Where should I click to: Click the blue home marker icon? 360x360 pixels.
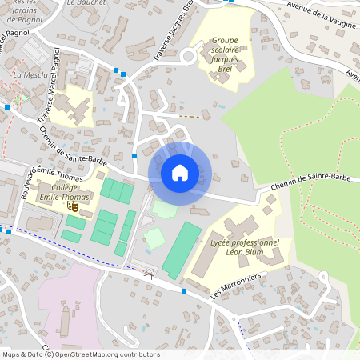pos(180,172)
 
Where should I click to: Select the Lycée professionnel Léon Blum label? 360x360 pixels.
pos(244,246)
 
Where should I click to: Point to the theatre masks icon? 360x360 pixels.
pos(73,206)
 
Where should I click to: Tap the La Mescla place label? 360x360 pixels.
pos(30,74)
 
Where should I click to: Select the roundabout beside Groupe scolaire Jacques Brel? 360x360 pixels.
pos(188,56)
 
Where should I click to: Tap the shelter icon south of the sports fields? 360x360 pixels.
pos(148,277)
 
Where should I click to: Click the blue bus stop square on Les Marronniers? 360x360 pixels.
pos(184,291)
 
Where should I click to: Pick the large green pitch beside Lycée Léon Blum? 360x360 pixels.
pos(182,250)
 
